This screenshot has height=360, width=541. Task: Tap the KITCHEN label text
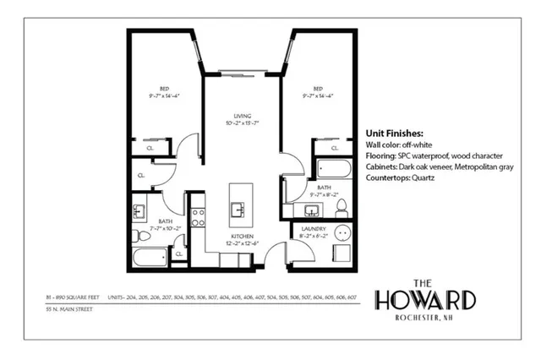[242, 236]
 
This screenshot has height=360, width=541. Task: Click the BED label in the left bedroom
[165, 87]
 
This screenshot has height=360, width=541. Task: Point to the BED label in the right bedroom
[318, 87]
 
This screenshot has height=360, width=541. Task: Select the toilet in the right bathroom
[342, 206]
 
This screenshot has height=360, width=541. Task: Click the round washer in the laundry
[342, 233]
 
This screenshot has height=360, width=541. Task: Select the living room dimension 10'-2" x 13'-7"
[242, 123]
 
